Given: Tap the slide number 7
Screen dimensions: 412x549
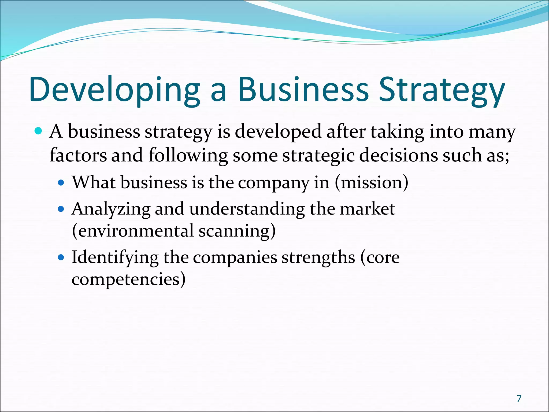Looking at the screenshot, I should [x=519, y=399].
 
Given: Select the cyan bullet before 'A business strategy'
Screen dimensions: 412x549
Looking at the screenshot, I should [x=39, y=131].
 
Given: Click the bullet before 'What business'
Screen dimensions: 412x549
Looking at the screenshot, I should [x=61, y=183].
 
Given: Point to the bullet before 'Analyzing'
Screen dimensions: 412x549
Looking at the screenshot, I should [x=61, y=209].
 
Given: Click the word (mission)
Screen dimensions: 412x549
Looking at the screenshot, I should [x=372, y=182].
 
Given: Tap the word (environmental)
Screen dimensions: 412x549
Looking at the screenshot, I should [x=133, y=231].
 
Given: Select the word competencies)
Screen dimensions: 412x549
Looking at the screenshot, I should [x=129, y=279].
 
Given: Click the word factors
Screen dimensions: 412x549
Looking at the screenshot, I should [x=78, y=156].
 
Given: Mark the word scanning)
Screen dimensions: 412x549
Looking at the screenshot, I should [x=237, y=231].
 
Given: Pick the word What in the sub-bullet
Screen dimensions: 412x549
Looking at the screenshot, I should [x=94, y=182].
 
